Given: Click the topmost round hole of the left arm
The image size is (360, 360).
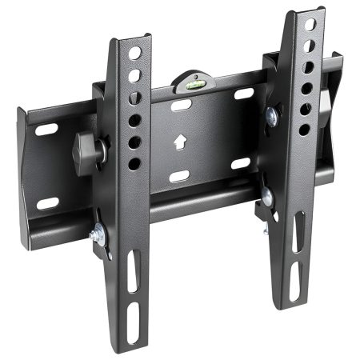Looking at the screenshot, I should (135, 53).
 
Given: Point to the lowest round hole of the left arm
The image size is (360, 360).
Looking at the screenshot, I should (134, 163).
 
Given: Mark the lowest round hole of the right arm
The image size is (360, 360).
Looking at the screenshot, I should (304, 129).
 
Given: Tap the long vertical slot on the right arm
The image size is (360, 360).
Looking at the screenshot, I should (297, 240).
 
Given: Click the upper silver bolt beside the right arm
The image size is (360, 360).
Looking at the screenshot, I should (274, 117).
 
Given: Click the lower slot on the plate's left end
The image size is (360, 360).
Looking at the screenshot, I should (47, 203).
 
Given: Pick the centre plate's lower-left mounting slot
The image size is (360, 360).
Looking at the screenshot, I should (179, 175).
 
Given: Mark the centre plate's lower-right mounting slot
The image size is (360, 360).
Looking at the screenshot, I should (241, 163).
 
